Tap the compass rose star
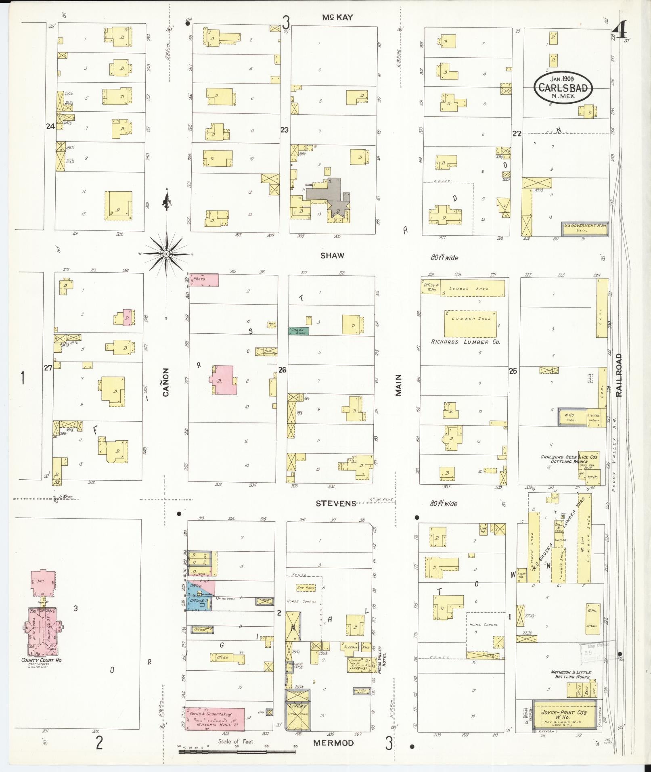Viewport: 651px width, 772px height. (x=166, y=254)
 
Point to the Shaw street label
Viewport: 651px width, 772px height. (x=333, y=255)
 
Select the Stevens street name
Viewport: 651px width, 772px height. (x=336, y=503)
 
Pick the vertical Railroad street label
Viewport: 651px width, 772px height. (x=619, y=375)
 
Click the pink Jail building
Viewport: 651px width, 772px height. (x=43, y=583)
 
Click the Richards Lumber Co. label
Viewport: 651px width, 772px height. (x=465, y=342)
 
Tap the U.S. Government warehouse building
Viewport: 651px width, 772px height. (x=585, y=228)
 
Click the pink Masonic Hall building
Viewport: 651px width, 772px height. (x=215, y=719)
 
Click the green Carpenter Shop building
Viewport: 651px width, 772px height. (x=299, y=331)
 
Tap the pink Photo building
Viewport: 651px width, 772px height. (x=204, y=280)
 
